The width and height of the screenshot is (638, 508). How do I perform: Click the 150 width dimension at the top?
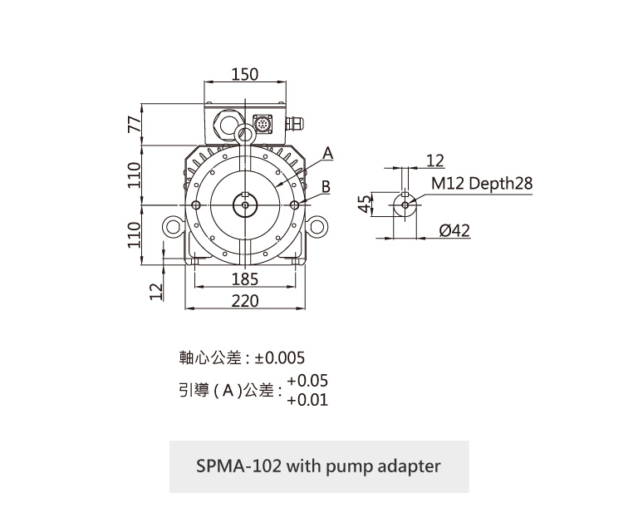[x=245, y=75]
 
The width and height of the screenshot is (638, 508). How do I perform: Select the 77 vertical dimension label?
[x=132, y=125]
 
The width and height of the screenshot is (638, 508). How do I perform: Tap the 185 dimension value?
[x=245, y=279]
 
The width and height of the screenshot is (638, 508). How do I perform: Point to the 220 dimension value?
[x=245, y=301]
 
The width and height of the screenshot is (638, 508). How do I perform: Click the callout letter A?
[x=327, y=154]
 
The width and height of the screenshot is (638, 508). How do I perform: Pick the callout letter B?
[x=327, y=187]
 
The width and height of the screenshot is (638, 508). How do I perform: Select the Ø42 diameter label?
[x=454, y=230]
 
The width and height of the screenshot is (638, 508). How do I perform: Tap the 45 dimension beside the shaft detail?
[x=362, y=204]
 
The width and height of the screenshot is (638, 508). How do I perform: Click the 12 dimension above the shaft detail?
[x=434, y=160]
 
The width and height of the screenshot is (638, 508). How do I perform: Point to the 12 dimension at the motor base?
[x=154, y=291]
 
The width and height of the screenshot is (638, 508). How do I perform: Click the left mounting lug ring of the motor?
[x=172, y=226]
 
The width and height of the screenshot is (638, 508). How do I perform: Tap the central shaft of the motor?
[x=245, y=205]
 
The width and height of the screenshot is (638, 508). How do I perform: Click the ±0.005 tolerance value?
[x=280, y=358]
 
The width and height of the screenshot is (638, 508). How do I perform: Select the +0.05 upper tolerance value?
[x=307, y=381]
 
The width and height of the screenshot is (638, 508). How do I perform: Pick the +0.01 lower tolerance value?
[x=307, y=400]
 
